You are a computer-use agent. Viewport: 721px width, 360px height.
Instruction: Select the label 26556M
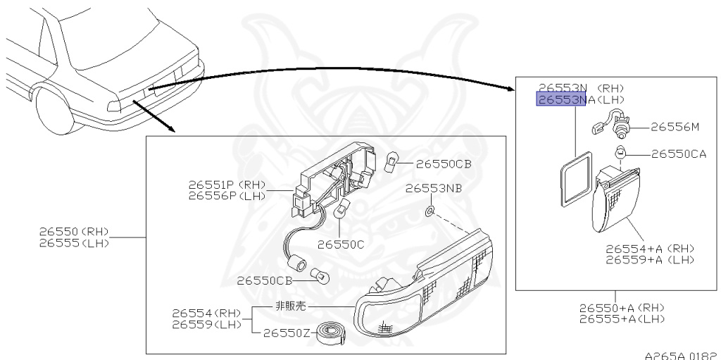pos(675,127)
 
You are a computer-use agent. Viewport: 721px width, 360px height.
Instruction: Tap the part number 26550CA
pos(678,154)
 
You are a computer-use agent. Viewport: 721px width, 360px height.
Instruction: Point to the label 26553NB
pos(434,188)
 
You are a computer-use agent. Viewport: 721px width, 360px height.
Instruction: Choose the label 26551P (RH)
pos(227,185)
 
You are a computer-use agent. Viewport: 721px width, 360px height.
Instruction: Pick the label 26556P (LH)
pos(227,196)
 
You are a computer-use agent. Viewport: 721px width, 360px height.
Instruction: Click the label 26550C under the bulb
pos(341,244)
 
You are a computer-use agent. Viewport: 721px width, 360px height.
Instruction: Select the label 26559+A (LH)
pos(650,259)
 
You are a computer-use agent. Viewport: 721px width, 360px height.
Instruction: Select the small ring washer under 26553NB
pos(430,211)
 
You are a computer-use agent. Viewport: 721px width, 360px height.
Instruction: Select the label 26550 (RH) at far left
pos(73,232)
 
